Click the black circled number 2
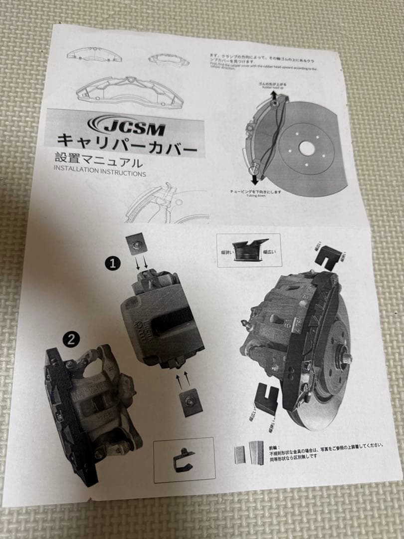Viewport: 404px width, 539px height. pyautogui.click(x=71, y=339)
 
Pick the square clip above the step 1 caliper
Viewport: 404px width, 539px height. pyautogui.click(x=136, y=244)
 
